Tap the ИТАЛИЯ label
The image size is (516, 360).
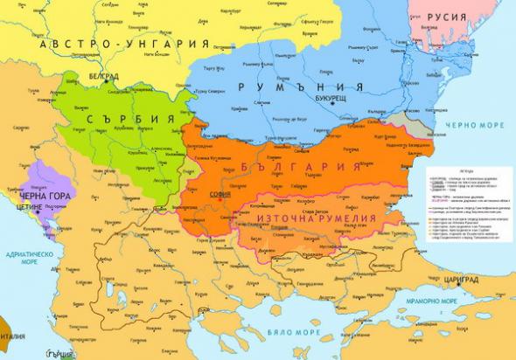(x=10, y=334)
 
